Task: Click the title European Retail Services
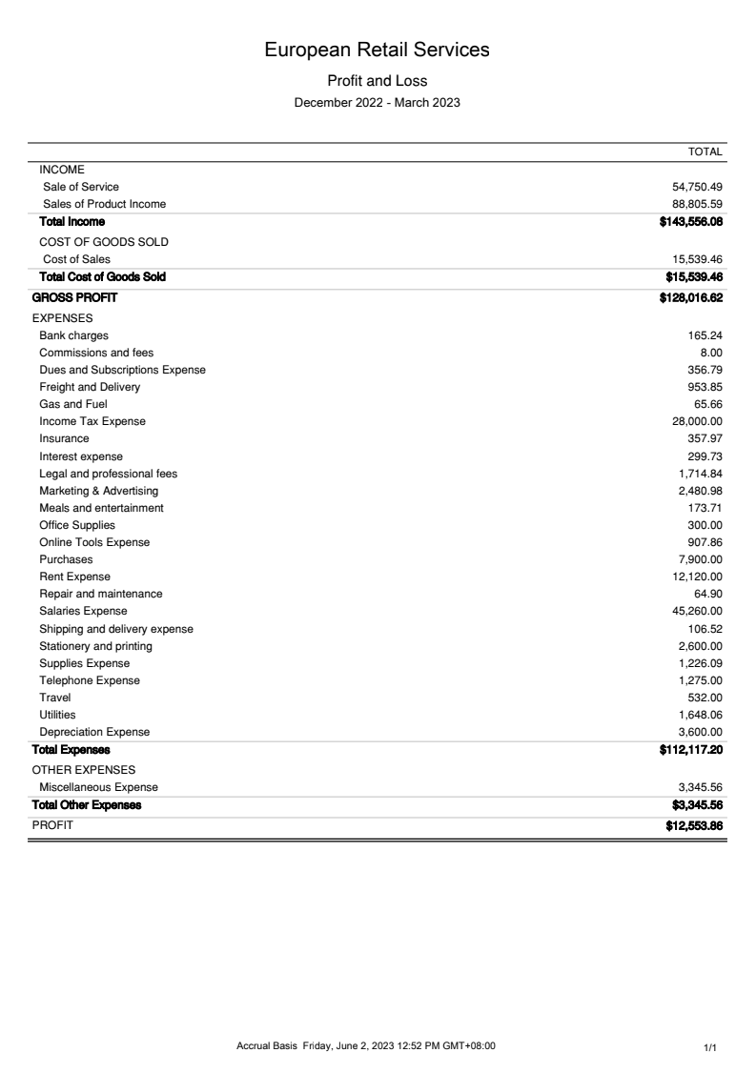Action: pos(378,50)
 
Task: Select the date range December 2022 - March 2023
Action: pos(378,103)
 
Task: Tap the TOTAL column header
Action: pos(705,152)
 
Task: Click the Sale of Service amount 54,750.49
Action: pos(697,187)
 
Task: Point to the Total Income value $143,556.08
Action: pos(690,222)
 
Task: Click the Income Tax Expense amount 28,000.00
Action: pos(697,421)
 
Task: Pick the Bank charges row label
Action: pos(73,335)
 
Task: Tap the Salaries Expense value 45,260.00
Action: pos(697,611)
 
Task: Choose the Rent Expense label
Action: pos(74,577)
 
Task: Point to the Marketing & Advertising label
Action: pos(99,491)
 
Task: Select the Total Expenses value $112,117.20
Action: pos(690,749)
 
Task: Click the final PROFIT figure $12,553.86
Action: pos(693,826)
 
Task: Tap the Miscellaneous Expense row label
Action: pos(98,787)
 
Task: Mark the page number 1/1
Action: pos(709,1047)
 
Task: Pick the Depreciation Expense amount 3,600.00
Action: pos(700,732)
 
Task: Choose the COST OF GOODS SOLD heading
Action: pos(104,242)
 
